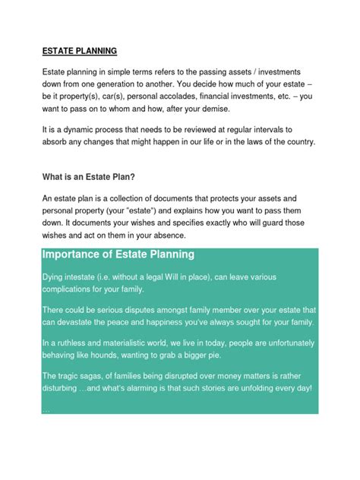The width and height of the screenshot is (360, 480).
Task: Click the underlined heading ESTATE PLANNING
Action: click(x=80, y=52)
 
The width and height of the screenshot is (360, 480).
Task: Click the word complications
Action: click(x=74, y=289)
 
